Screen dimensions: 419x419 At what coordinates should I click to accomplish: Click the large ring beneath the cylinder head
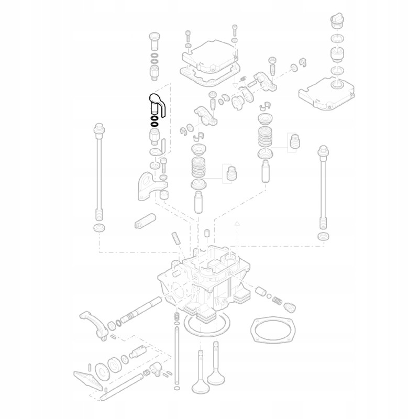206,326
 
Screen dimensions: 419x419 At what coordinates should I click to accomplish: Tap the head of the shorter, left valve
201,388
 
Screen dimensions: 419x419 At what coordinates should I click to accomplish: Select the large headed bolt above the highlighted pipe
154,39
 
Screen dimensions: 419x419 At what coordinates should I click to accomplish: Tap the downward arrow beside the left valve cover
235,81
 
